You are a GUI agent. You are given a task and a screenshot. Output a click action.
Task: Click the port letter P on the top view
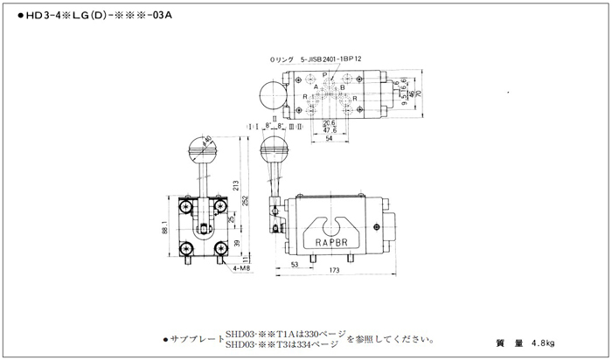tap(324, 77)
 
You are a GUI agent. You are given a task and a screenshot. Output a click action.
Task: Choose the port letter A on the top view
tap(316, 87)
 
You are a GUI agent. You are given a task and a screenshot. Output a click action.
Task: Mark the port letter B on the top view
tap(342, 87)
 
